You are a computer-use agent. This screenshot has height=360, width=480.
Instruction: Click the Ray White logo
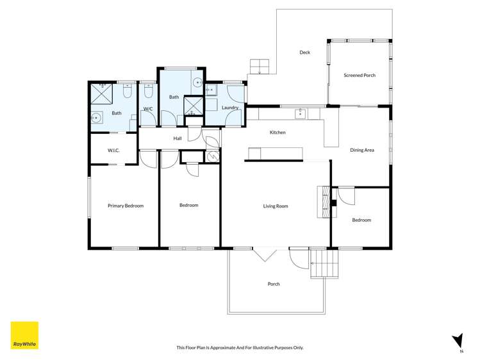[x=24, y=335]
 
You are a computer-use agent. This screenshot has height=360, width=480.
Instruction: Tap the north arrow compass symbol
[x=457, y=340]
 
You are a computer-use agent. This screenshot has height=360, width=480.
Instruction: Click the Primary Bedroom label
[x=126, y=206]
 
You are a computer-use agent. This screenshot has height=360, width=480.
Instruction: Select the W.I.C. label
[x=113, y=151]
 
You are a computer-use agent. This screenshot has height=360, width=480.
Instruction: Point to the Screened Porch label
[x=360, y=75]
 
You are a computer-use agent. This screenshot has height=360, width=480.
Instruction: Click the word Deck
[x=304, y=53]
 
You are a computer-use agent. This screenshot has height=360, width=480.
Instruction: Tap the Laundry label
[x=230, y=108]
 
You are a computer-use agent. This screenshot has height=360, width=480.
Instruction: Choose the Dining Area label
[x=361, y=150]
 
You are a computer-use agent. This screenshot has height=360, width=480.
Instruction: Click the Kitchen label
[x=277, y=132]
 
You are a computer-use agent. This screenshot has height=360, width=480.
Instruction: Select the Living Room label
[x=276, y=206]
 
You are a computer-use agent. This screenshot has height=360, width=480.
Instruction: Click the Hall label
[x=178, y=138]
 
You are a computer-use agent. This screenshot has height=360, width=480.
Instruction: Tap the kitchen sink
[x=299, y=114]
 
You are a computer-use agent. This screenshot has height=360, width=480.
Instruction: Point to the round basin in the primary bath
[x=96, y=118]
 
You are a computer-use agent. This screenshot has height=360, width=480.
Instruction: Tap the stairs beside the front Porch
[x=324, y=263]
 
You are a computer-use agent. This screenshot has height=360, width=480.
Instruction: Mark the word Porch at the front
[x=274, y=284]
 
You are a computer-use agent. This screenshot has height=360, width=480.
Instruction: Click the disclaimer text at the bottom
[x=240, y=347]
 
